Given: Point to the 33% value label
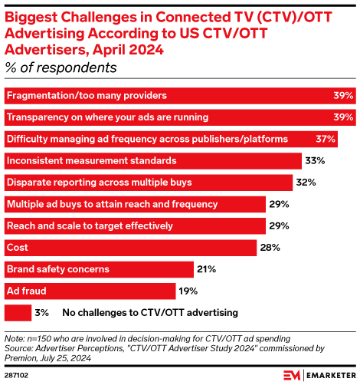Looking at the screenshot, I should click(x=316, y=161).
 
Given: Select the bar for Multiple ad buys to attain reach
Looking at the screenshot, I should click(x=135, y=205).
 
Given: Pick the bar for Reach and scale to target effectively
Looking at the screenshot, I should click(x=135, y=226).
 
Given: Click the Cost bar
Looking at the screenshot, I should click(x=130, y=248).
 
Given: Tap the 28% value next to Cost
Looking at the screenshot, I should click(x=269, y=248).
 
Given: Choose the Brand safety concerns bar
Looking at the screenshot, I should click(x=99, y=269).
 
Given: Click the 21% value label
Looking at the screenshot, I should click(x=206, y=269).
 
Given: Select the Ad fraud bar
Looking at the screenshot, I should click(x=90, y=291).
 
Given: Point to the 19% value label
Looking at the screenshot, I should click(x=188, y=291).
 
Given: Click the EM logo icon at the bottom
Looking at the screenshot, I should click(x=293, y=375).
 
